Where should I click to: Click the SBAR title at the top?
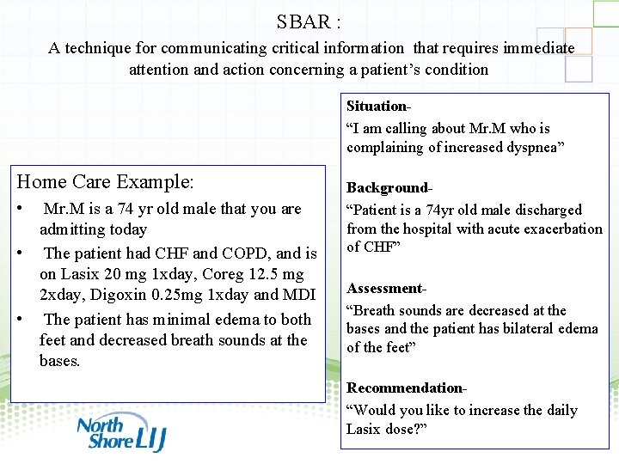(309, 21)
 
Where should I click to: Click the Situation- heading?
(378, 107)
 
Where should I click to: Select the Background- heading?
(389, 187)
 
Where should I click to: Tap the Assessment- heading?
(386, 289)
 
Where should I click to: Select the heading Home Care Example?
(106, 181)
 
